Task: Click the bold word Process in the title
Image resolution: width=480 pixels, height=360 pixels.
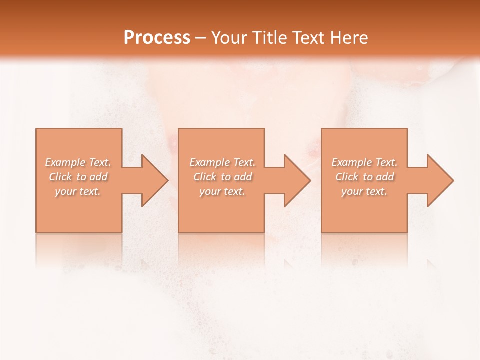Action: (x=157, y=38)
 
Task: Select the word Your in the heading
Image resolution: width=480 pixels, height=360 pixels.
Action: (x=231, y=38)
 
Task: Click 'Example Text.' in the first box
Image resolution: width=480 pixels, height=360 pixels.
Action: (x=78, y=162)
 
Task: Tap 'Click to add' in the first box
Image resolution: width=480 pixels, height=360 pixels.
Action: (x=78, y=177)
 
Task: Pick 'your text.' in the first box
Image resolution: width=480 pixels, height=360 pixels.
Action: (x=78, y=191)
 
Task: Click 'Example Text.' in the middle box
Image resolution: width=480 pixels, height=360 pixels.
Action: (x=222, y=162)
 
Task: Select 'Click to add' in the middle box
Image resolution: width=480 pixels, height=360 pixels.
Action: (x=222, y=177)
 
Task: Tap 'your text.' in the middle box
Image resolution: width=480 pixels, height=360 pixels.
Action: (x=222, y=191)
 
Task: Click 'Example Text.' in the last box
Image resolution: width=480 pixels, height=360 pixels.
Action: (x=364, y=162)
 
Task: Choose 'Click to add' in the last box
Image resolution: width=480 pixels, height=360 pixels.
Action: (x=364, y=177)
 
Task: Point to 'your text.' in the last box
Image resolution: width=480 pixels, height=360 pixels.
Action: (x=364, y=191)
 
